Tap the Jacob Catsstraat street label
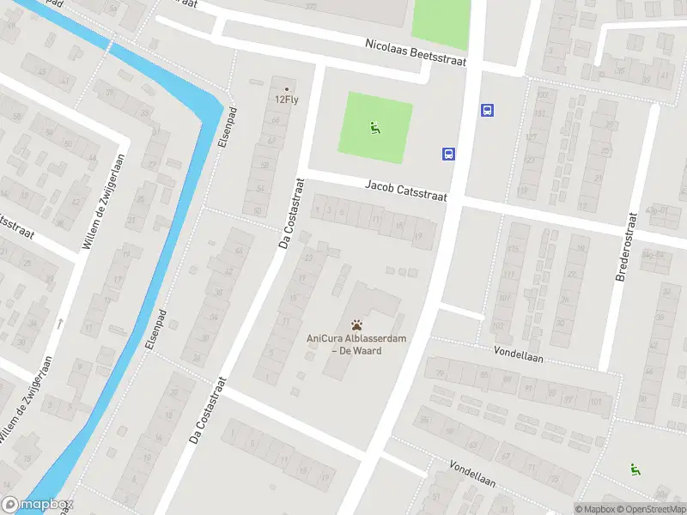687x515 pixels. (406, 191)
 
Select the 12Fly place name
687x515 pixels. (286, 99)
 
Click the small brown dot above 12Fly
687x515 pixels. (287, 88)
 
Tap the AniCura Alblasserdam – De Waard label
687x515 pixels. (356, 344)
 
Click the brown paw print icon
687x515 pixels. (356, 324)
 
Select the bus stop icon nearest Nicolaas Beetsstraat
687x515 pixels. (488, 110)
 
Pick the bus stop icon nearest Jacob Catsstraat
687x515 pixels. (448, 154)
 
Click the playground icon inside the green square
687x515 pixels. (374, 130)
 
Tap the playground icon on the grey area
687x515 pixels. (635, 469)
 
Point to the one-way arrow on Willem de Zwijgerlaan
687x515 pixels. (60, 324)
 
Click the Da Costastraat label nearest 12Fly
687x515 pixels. (291, 214)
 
